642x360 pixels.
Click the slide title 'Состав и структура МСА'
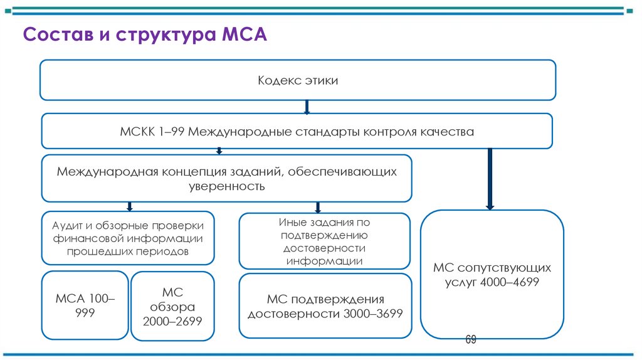tap(145, 34)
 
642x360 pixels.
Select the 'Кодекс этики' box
tap(298, 80)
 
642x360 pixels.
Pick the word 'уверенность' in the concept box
tap(226, 186)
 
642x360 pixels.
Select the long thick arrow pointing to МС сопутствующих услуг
tap(490, 178)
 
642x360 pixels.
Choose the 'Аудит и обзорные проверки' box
tap(128, 238)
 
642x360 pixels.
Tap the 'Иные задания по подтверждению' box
tap(325, 241)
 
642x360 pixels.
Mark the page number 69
tap(471, 340)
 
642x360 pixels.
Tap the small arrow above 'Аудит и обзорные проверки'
tap(129, 206)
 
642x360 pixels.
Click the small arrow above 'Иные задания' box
tap(318, 207)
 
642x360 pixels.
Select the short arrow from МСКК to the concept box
tap(219, 151)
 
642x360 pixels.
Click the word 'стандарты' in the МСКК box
tap(325, 132)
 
